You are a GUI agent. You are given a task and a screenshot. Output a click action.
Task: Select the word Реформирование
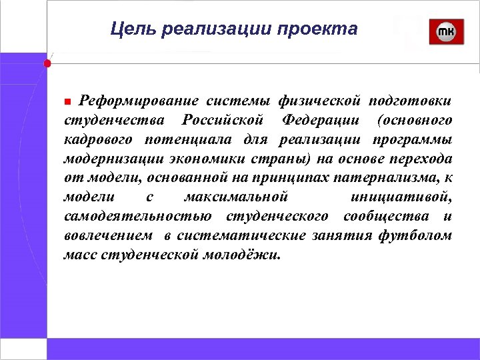tap(139, 101)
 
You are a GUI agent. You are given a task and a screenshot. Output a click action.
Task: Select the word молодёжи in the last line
tap(249, 255)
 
